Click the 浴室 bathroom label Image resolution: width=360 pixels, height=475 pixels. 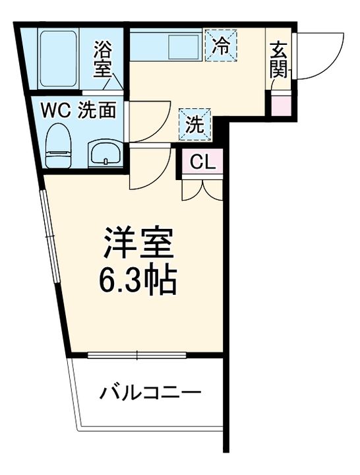[103, 59]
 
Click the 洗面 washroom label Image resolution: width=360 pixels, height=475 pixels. [97, 110]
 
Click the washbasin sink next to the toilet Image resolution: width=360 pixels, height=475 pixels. [104, 154]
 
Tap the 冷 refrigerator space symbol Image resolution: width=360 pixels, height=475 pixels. [221, 46]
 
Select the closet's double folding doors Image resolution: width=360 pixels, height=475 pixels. [202, 188]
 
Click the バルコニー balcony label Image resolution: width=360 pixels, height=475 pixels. [150, 394]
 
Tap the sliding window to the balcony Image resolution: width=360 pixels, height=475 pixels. [138, 356]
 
